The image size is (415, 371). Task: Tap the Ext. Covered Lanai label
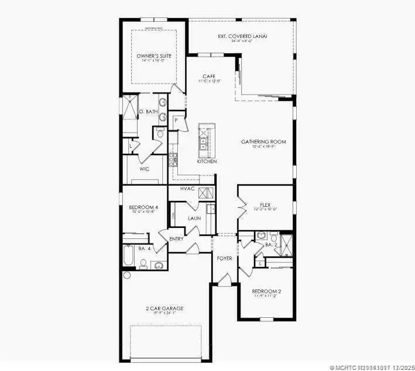click(x=242, y=36)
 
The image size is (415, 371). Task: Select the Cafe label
click(x=209, y=76)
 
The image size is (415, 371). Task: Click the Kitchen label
click(x=207, y=161)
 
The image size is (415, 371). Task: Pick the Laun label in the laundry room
click(x=194, y=219)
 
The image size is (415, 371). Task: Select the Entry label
click(x=176, y=238)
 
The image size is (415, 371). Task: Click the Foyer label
click(x=224, y=258)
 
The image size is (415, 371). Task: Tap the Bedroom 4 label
click(x=143, y=207)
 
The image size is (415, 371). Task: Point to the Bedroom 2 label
click(x=266, y=291)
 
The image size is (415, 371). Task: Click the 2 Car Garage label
click(x=164, y=308)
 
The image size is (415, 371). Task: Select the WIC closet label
click(x=145, y=169)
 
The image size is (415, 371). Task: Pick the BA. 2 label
click(x=270, y=245)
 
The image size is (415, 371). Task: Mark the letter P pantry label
click(x=176, y=120)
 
